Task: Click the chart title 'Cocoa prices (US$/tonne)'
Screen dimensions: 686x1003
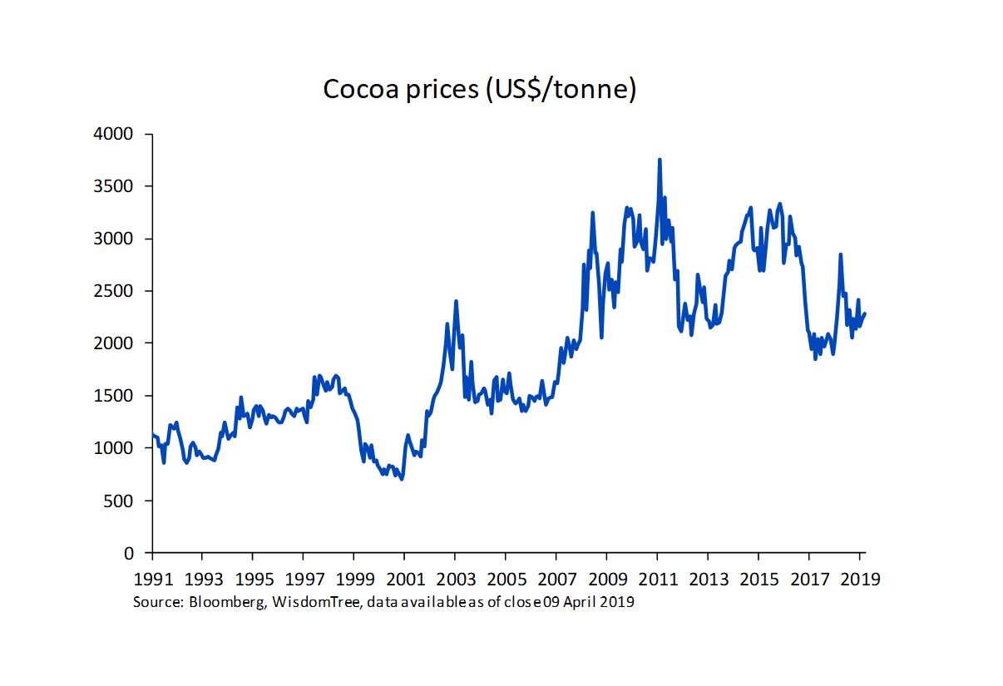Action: [x=479, y=89]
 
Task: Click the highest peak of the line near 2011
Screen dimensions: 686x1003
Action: [x=660, y=160]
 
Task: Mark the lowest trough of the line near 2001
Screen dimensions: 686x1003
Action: [x=402, y=479]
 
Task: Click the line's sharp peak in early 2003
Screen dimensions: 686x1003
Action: [x=456, y=301]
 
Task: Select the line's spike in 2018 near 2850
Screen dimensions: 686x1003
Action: [x=841, y=254]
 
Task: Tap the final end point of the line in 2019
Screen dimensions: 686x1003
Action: [x=865, y=313]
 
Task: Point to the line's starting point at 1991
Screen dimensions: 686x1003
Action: [x=152, y=435]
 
